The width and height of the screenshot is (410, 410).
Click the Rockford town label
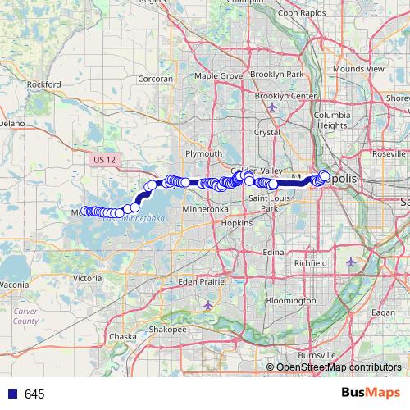click(x=44, y=84)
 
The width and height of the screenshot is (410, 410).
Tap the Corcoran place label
click(x=156, y=79)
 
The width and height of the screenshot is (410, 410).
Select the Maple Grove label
click(x=218, y=75)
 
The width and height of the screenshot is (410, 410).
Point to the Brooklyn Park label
click(x=277, y=74)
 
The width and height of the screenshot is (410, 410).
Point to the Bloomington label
click(x=290, y=301)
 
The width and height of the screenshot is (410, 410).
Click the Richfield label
click(x=311, y=262)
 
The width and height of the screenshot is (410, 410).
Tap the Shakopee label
click(x=168, y=329)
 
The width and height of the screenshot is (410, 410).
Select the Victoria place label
click(x=88, y=278)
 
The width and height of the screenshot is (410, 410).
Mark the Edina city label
click(x=274, y=253)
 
